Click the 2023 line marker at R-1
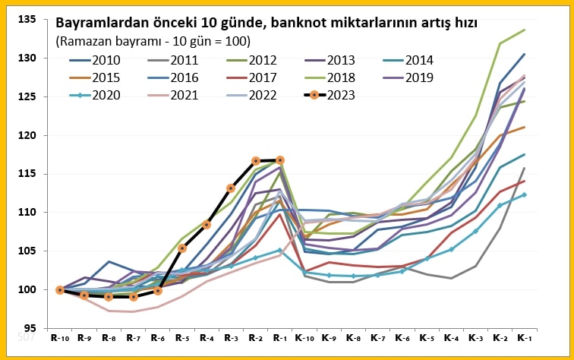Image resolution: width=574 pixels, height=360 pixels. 280,160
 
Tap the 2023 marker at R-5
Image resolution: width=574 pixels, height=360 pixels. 182,248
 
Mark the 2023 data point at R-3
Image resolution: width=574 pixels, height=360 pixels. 232,188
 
